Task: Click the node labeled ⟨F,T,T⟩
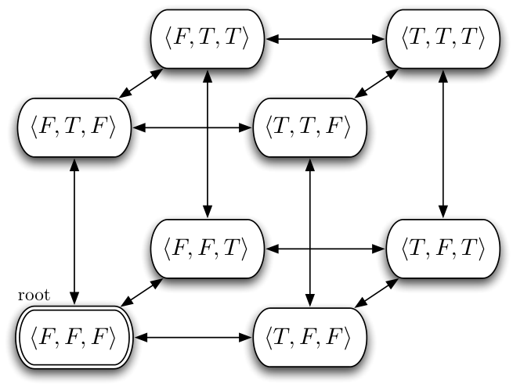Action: [208, 39]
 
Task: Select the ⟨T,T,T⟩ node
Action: [443, 39]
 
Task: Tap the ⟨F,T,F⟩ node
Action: [74, 127]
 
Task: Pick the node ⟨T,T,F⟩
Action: [310, 127]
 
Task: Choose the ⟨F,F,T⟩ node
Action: [208, 249]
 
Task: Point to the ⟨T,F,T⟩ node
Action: [443, 249]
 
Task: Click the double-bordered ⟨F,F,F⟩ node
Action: [74, 338]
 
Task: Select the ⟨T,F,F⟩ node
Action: [310, 338]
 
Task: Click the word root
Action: [34, 296]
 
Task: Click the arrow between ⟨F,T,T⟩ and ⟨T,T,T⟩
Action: [325, 39]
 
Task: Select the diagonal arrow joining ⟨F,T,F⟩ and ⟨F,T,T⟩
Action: [141, 84]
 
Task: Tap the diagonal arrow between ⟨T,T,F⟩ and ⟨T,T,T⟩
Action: [377, 84]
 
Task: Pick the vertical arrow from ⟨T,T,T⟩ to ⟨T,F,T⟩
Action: [443, 144]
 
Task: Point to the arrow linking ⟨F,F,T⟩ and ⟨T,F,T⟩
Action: [325, 249]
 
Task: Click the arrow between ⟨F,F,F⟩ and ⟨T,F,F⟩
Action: [193, 338]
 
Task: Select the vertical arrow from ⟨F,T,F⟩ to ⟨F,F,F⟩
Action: [74, 231]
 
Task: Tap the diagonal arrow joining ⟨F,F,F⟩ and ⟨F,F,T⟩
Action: [142, 292]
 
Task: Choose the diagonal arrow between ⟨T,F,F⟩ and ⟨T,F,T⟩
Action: [377, 293]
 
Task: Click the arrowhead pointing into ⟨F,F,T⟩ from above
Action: [208, 211]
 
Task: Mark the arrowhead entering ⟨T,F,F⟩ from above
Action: [310, 299]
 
